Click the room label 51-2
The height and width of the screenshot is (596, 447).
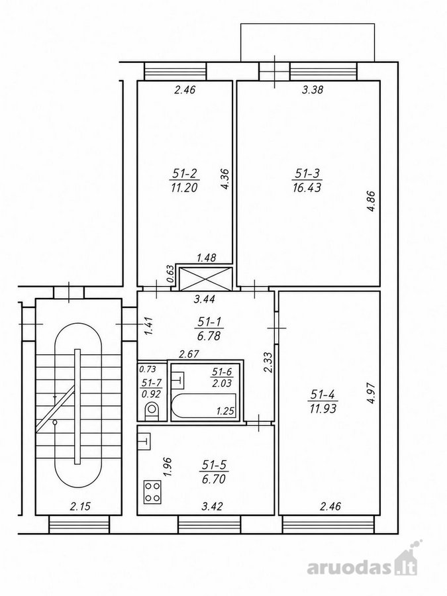185,174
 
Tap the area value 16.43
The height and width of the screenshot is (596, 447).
307,187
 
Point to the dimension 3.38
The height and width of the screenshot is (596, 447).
312,90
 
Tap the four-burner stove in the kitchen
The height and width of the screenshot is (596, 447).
152,492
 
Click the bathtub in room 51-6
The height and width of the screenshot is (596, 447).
204,406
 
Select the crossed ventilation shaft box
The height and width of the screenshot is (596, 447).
206,279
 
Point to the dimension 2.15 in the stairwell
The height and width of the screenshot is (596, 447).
80,507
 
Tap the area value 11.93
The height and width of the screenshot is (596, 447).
323,409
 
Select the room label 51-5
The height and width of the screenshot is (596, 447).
214,464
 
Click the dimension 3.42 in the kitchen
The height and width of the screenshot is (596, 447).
212,507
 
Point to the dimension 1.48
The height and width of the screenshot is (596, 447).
206,258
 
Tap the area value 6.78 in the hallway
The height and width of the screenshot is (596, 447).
209,336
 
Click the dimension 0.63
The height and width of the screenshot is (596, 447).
170,274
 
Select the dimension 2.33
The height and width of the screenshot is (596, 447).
268,363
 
